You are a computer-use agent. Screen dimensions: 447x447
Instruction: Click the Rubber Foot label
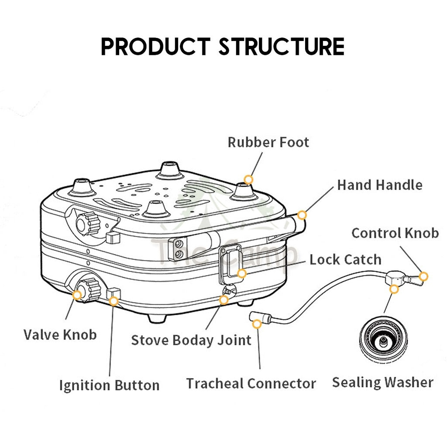[268, 142]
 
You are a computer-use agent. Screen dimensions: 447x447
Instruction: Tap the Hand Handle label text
[379, 185]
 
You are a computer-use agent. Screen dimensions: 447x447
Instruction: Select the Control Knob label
[395, 233]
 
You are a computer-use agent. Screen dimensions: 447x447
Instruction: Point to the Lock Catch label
[345, 260]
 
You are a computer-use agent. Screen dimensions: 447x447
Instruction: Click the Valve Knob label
[60, 335]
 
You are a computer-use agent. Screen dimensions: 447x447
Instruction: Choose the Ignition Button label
[109, 385]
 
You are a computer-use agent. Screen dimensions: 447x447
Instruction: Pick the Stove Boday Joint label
[191, 340]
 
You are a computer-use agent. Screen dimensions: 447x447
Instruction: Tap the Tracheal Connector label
[251, 384]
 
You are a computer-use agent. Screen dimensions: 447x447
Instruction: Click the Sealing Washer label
[382, 382]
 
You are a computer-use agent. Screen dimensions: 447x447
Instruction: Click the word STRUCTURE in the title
[282, 47]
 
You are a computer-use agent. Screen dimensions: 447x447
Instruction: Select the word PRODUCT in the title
[155, 47]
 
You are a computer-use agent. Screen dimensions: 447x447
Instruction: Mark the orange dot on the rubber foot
[248, 179]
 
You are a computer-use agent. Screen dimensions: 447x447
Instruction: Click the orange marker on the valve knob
[77, 295]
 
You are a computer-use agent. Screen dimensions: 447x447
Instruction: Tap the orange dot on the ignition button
[114, 301]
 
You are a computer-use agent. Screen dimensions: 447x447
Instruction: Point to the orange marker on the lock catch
[241, 274]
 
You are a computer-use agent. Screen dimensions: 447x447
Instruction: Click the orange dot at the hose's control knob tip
[423, 276]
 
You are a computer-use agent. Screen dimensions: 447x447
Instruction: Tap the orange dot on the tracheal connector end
[257, 324]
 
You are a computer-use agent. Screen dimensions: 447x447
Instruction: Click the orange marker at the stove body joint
[223, 299]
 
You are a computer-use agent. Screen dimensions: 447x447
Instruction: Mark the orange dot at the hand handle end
[302, 215]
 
